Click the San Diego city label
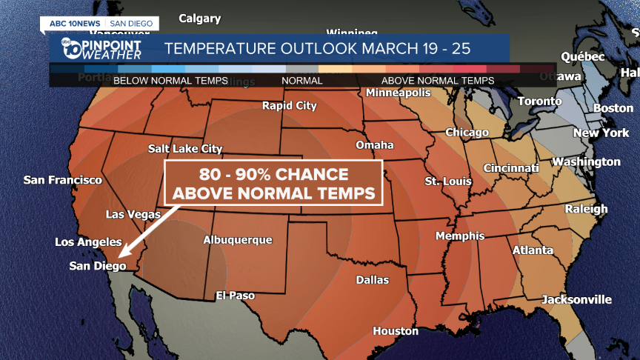(98, 265)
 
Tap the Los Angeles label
(88, 242)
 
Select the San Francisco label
(63, 180)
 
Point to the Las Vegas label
(133, 214)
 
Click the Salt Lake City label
(185, 149)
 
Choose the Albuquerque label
(238, 240)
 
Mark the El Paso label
(236, 296)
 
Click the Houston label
(396, 331)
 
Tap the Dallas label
(372, 280)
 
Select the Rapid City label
(290, 106)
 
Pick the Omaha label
(375, 144)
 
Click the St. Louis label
(444, 181)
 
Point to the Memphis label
(459, 236)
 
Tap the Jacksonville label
(577, 299)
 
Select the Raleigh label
(586, 209)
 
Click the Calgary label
(200, 19)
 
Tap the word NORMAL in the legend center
(302, 81)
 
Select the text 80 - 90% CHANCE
(273, 175)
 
